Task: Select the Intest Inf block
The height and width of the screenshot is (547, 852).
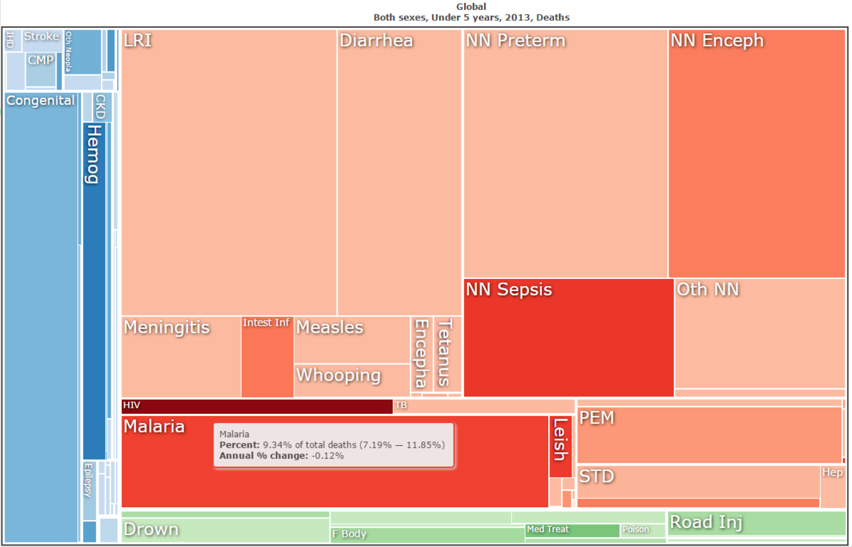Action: [267, 357]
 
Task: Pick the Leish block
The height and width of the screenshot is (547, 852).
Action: [560, 446]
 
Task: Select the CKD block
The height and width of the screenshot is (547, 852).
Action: [100, 107]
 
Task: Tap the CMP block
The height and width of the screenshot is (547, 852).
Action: [40, 70]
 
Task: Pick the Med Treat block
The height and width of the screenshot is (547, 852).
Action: [572, 530]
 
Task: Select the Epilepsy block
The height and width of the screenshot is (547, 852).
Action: [89, 490]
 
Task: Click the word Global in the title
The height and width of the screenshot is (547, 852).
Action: [471, 7]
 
